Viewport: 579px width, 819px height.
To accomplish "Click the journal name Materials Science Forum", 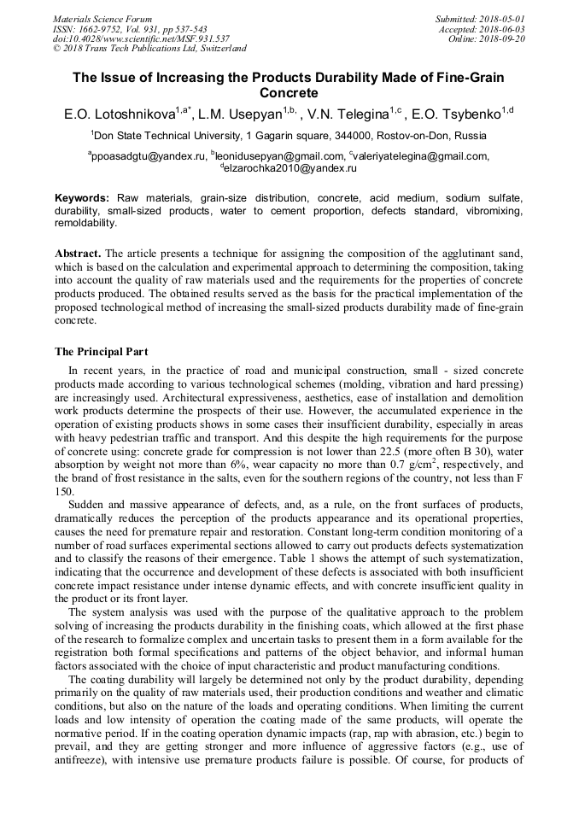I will point(102,19).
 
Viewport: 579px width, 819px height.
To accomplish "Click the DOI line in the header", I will point(141,38).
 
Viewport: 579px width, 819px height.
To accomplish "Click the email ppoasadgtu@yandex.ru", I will point(149,156).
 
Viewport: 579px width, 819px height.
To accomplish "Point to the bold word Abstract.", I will point(79,254).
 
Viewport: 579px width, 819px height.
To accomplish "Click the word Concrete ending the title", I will point(289,92).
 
